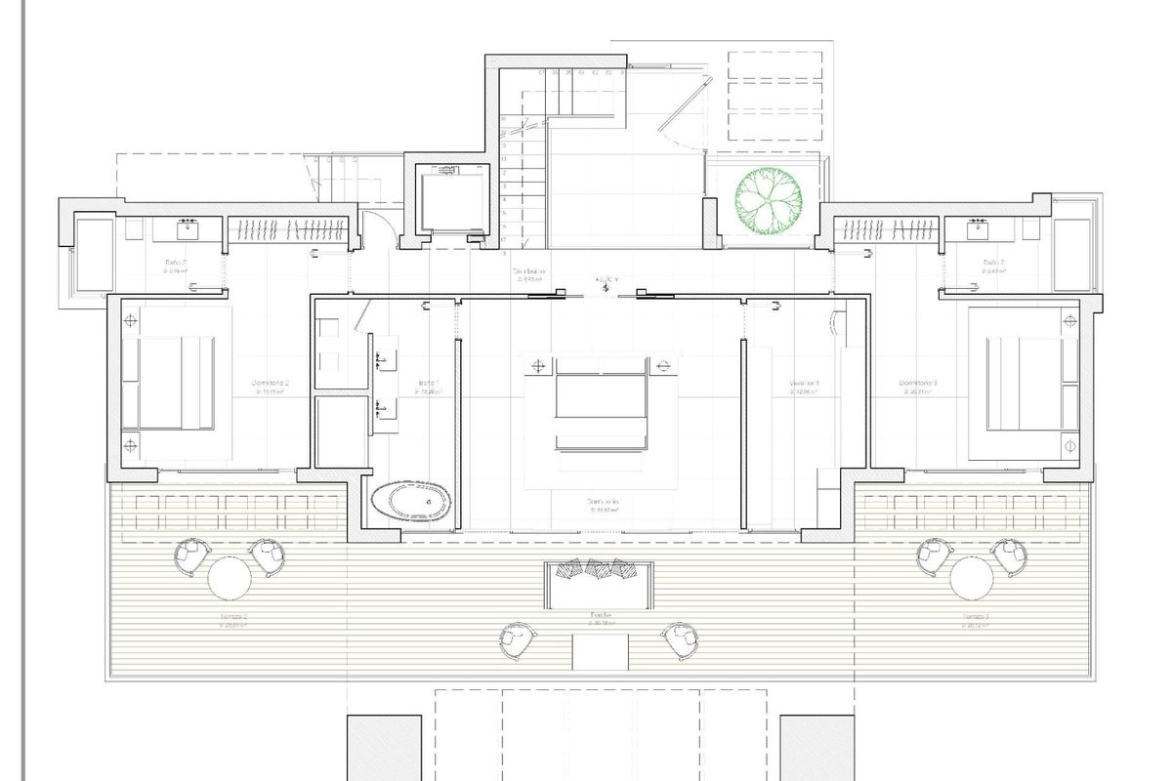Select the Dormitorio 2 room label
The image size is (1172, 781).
pyautogui.click(x=270, y=383)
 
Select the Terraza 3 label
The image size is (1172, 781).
pyautogui.click(x=976, y=617)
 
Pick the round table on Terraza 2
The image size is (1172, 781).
pyautogui.click(x=230, y=577)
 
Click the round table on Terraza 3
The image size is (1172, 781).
pyautogui.click(x=974, y=577)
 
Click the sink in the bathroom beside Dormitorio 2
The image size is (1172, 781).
pyautogui.click(x=188, y=231)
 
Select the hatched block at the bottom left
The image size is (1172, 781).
pyautogui.click(x=384, y=747)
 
